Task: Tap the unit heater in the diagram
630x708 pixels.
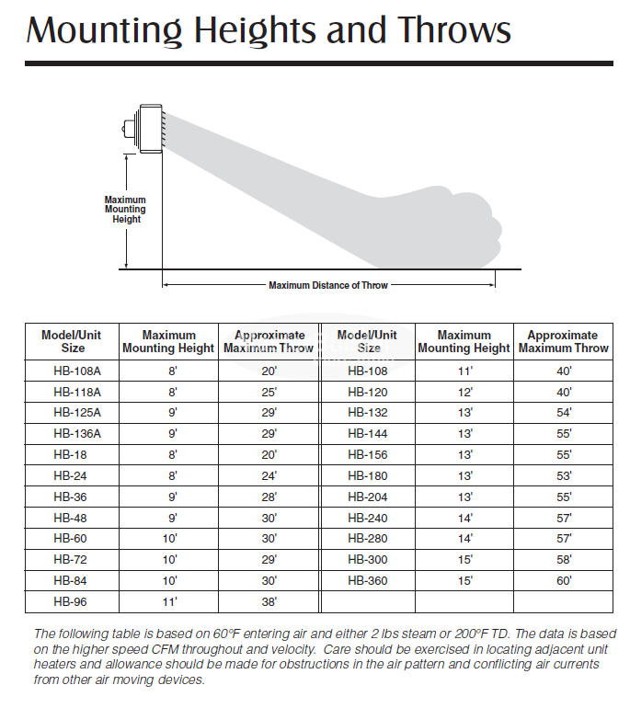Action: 145,128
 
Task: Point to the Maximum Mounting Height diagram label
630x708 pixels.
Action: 125,210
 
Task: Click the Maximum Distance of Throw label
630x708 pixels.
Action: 328,285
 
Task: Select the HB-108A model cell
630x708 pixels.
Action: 73,371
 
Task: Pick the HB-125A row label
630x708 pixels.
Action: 73,413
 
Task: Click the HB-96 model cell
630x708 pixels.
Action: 73,602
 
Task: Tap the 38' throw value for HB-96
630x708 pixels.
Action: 269,602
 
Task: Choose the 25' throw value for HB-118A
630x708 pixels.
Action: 269,392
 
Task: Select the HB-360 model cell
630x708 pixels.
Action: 368,581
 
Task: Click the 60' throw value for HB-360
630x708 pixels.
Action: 563,581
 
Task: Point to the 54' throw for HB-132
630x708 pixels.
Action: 563,413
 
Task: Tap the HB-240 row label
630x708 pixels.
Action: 368,519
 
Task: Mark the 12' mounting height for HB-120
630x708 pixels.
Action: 464,392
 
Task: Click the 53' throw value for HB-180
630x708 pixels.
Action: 563,476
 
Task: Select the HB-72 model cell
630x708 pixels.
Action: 73,560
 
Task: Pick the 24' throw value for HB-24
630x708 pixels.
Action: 269,476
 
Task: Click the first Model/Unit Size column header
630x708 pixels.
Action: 73,341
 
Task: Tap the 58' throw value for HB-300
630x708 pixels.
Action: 563,560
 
